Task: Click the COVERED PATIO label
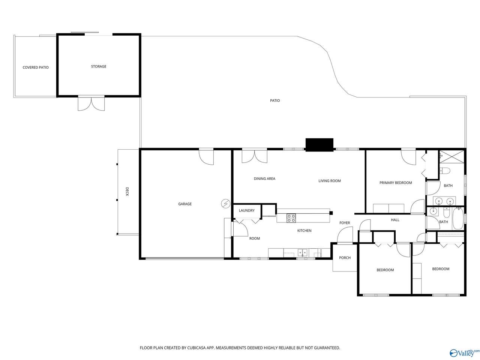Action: pyautogui.click(x=35, y=67)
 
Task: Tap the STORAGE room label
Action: pyautogui.click(x=98, y=66)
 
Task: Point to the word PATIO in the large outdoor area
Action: pyautogui.click(x=274, y=100)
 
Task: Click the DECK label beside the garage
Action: pyautogui.click(x=127, y=192)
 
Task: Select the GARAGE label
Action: pyautogui.click(x=184, y=204)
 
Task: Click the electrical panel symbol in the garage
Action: pyautogui.click(x=225, y=204)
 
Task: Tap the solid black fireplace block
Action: pyautogui.click(x=319, y=144)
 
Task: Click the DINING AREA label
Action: pyautogui.click(x=264, y=178)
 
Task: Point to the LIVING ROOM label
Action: pyautogui.click(x=329, y=180)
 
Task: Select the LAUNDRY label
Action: pyautogui.click(x=246, y=210)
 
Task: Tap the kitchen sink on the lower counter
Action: pyautogui.click(x=302, y=252)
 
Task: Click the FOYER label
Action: pyautogui.click(x=344, y=222)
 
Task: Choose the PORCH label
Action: pyautogui.click(x=344, y=258)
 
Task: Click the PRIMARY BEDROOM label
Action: pyautogui.click(x=395, y=183)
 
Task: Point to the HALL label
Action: pyautogui.click(x=395, y=220)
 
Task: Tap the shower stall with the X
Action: pyautogui.click(x=451, y=156)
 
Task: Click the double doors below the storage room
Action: pyautogui.click(x=91, y=103)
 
